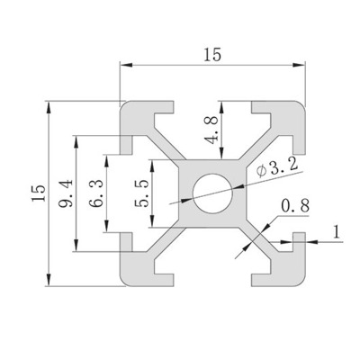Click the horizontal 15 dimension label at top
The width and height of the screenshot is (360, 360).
pos(212,55)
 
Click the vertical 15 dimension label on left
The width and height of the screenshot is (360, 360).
pos(40,193)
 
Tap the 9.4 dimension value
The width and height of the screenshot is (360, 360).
pos(66,193)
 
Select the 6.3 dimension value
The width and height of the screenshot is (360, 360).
pos(96,193)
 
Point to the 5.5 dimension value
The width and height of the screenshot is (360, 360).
pos(141,193)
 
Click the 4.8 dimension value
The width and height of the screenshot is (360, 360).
pos(211,130)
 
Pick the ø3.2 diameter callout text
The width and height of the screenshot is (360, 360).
pos(277,168)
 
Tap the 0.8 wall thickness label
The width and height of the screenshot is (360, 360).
pos(295,206)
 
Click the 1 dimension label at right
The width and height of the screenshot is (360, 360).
pos(337,231)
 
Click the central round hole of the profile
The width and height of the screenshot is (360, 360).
pos(212,193)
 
